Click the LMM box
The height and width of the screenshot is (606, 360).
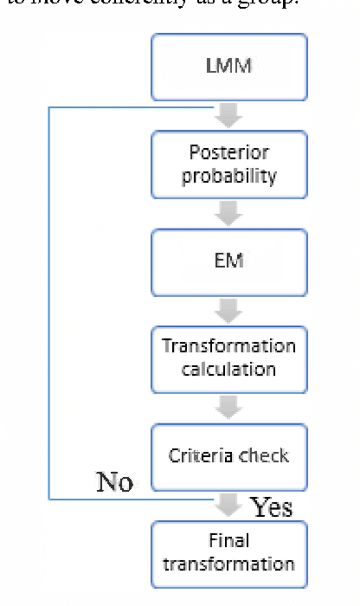tap(229, 67)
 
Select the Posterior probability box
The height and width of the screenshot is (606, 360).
tap(229, 164)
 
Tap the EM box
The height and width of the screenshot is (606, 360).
tap(229, 261)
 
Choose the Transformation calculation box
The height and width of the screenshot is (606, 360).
tap(229, 358)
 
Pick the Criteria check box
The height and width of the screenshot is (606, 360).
tap(229, 456)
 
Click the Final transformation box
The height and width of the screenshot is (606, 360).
tap(229, 553)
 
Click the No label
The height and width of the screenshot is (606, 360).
tap(114, 482)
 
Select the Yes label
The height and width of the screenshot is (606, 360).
tap(272, 507)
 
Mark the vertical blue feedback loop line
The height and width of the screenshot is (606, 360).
tap(48, 303)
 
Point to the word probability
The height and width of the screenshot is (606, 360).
tap(229, 176)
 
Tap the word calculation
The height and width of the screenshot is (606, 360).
tap(229, 370)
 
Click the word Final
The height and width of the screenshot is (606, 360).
tap(229, 541)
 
